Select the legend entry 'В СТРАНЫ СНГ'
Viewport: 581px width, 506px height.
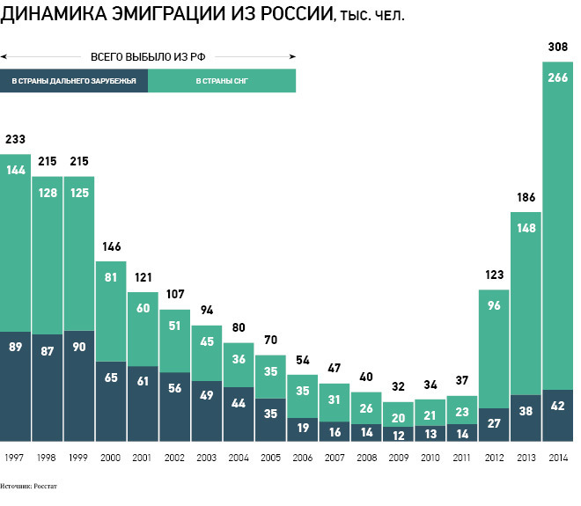222,82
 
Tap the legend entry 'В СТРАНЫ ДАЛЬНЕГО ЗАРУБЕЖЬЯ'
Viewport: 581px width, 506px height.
74,82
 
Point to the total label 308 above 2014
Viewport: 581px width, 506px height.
556,47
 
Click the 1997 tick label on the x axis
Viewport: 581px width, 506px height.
15,458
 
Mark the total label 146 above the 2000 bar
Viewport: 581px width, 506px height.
110,248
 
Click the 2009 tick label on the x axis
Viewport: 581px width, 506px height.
398,458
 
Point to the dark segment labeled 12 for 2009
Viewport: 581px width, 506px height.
398,434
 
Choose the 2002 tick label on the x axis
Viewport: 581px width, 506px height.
174,458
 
